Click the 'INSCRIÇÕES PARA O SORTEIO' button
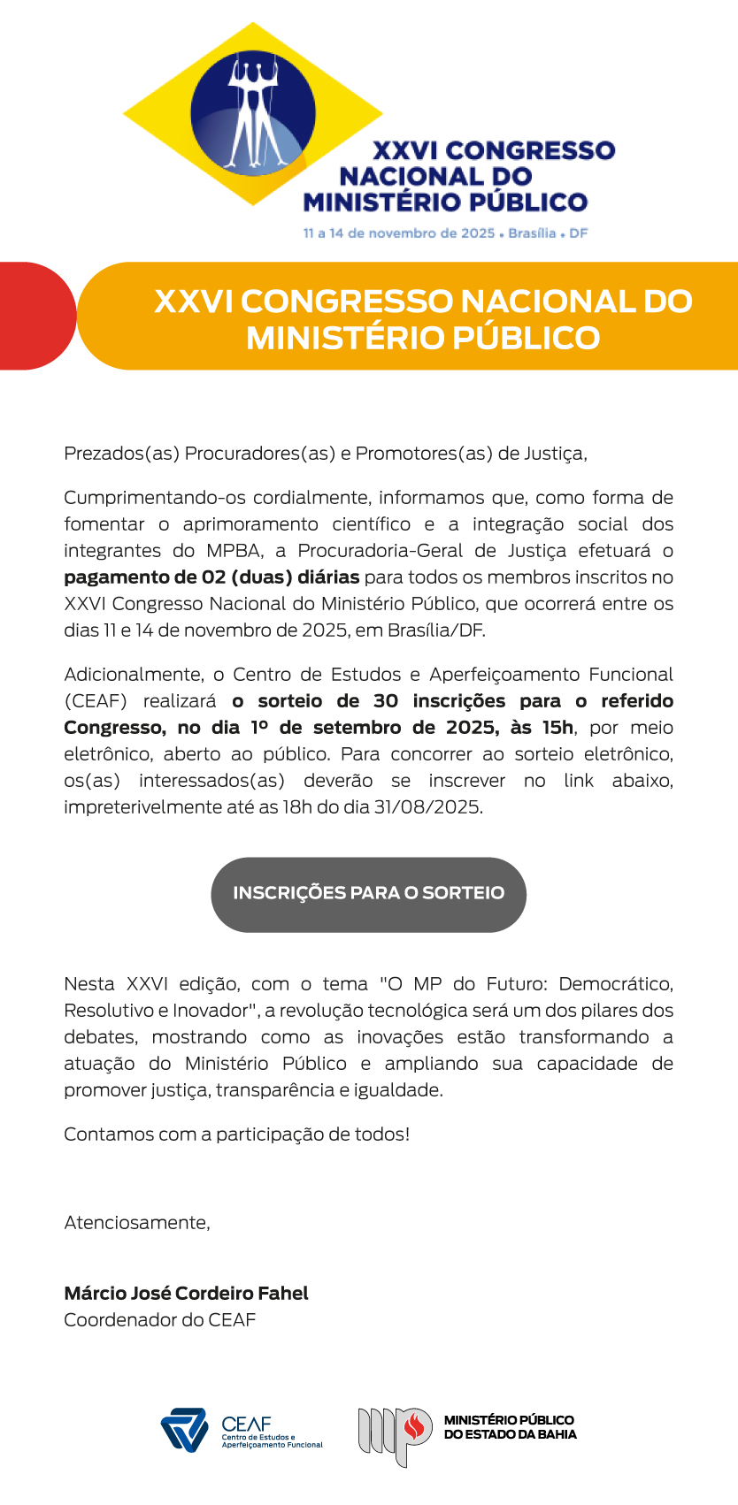tap(368, 894)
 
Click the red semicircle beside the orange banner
tap(35, 316)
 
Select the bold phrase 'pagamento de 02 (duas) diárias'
tap(211, 577)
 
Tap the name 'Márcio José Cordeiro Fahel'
tap(186, 1294)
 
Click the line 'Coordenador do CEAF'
tap(159, 1320)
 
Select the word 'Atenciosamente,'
tap(137, 1223)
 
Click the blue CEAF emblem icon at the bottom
tap(184, 1430)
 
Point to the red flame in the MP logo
tap(413, 1426)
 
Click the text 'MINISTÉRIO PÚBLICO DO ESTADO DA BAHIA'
tap(510, 1427)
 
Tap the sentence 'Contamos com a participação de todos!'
tap(236, 1134)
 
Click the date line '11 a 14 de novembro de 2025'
tap(399, 233)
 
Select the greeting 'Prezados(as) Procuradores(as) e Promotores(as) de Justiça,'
tap(326, 454)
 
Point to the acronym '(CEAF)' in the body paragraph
tap(96, 701)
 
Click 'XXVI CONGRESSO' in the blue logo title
tap(494, 150)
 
